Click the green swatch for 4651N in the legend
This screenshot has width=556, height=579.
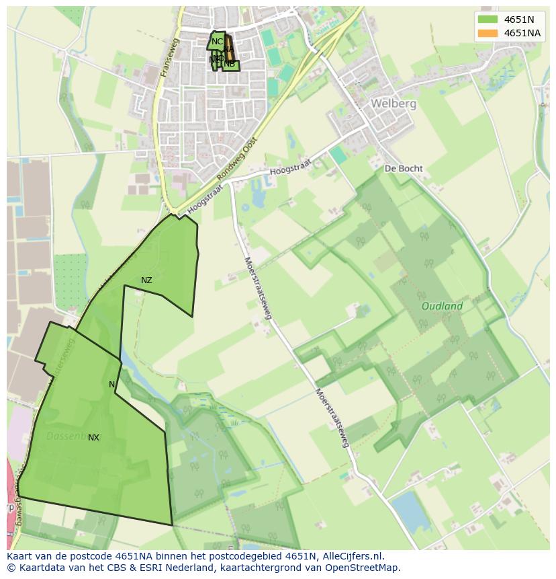pos(488,20)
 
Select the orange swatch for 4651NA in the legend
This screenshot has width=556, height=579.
pos(488,33)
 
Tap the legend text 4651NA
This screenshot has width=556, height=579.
pos(522,33)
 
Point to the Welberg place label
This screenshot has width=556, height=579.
pos(393,104)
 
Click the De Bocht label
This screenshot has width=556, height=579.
pos(403,168)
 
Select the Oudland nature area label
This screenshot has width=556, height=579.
pos(442,306)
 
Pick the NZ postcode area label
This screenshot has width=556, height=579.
pos(146,280)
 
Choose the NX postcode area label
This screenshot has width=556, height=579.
pos(93,438)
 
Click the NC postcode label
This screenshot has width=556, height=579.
pos(217,42)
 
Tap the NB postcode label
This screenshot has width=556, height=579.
pos(230,64)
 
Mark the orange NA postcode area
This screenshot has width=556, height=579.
pos(228,48)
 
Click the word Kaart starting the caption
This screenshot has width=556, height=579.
pos(20,556)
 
